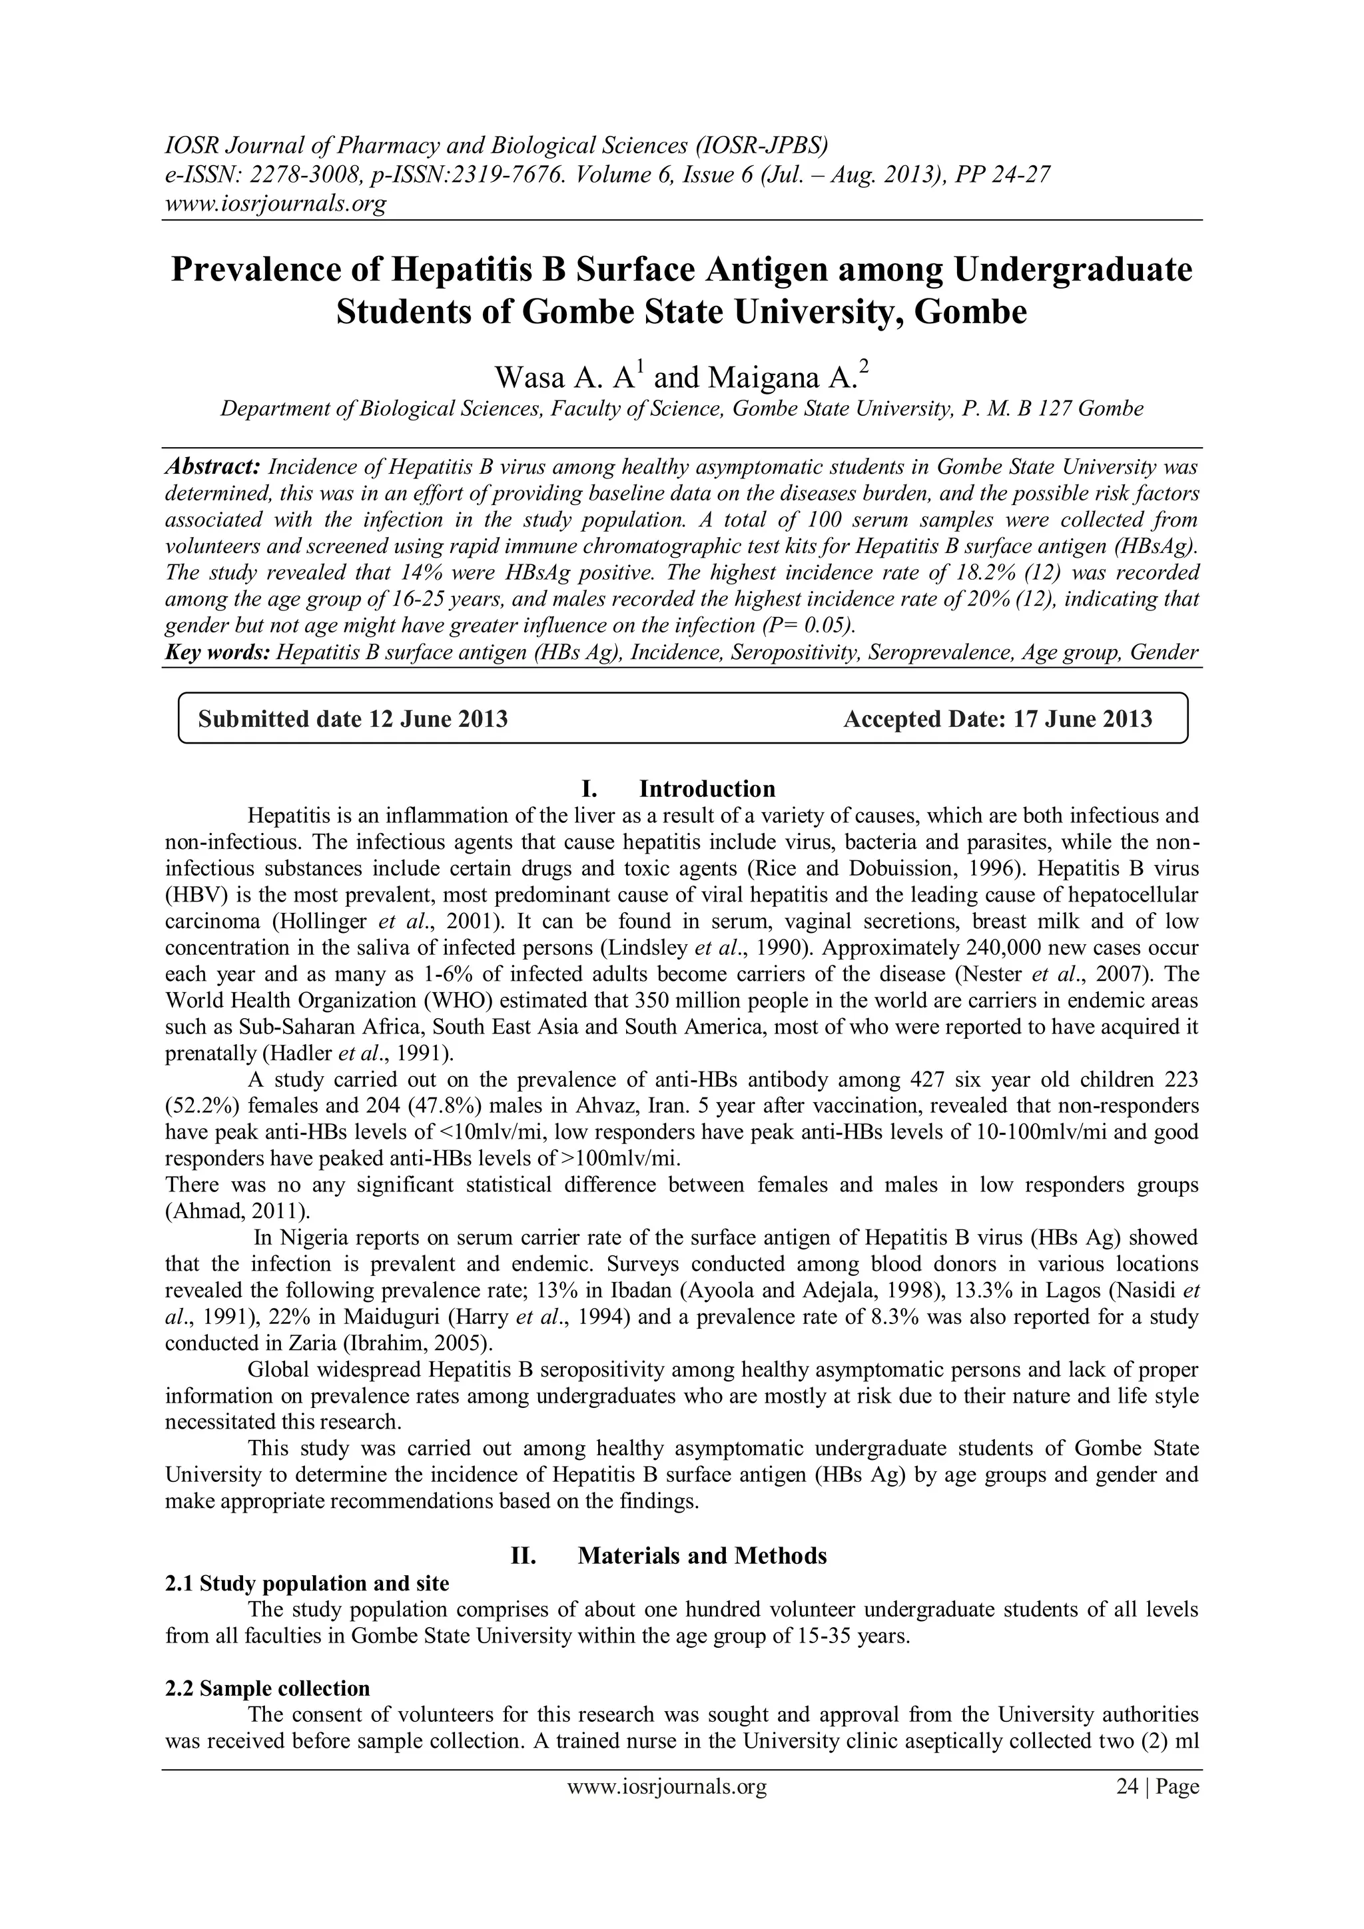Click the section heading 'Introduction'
tap(707, 789)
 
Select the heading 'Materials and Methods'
tap(702, 1556)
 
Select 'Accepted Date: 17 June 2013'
tap(998, 719)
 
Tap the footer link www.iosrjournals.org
tap(668, 1804)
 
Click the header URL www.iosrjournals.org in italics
tap(274, 203)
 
